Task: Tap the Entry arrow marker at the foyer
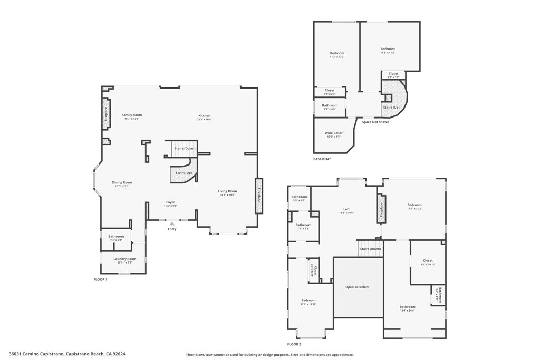(x=172, y=223)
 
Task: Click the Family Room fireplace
(x=106, y=114)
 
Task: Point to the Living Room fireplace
(x=259, y=196)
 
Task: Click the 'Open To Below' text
(x=357, y=287)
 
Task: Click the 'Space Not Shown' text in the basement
(x=375, y=122)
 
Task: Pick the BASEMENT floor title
(x=322, y=159)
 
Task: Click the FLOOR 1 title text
(x=100, y=279)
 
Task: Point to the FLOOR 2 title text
(x=294, y=344)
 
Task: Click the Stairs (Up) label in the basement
(x=391, y=108)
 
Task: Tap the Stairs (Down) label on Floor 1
(x=185, y=149)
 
